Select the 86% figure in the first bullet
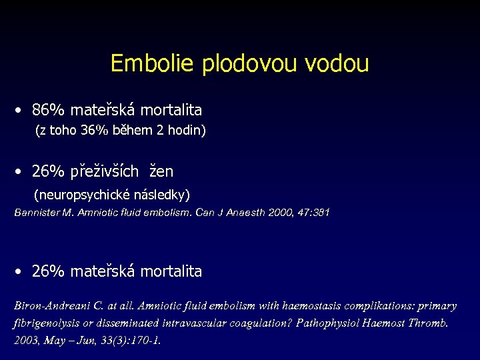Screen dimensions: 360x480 [48, 109]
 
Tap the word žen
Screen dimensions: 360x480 [161, 171]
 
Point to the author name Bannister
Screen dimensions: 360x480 [39, 213]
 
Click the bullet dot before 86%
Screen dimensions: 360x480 [21, 110]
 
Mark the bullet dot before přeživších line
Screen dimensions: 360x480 [21, 172]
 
